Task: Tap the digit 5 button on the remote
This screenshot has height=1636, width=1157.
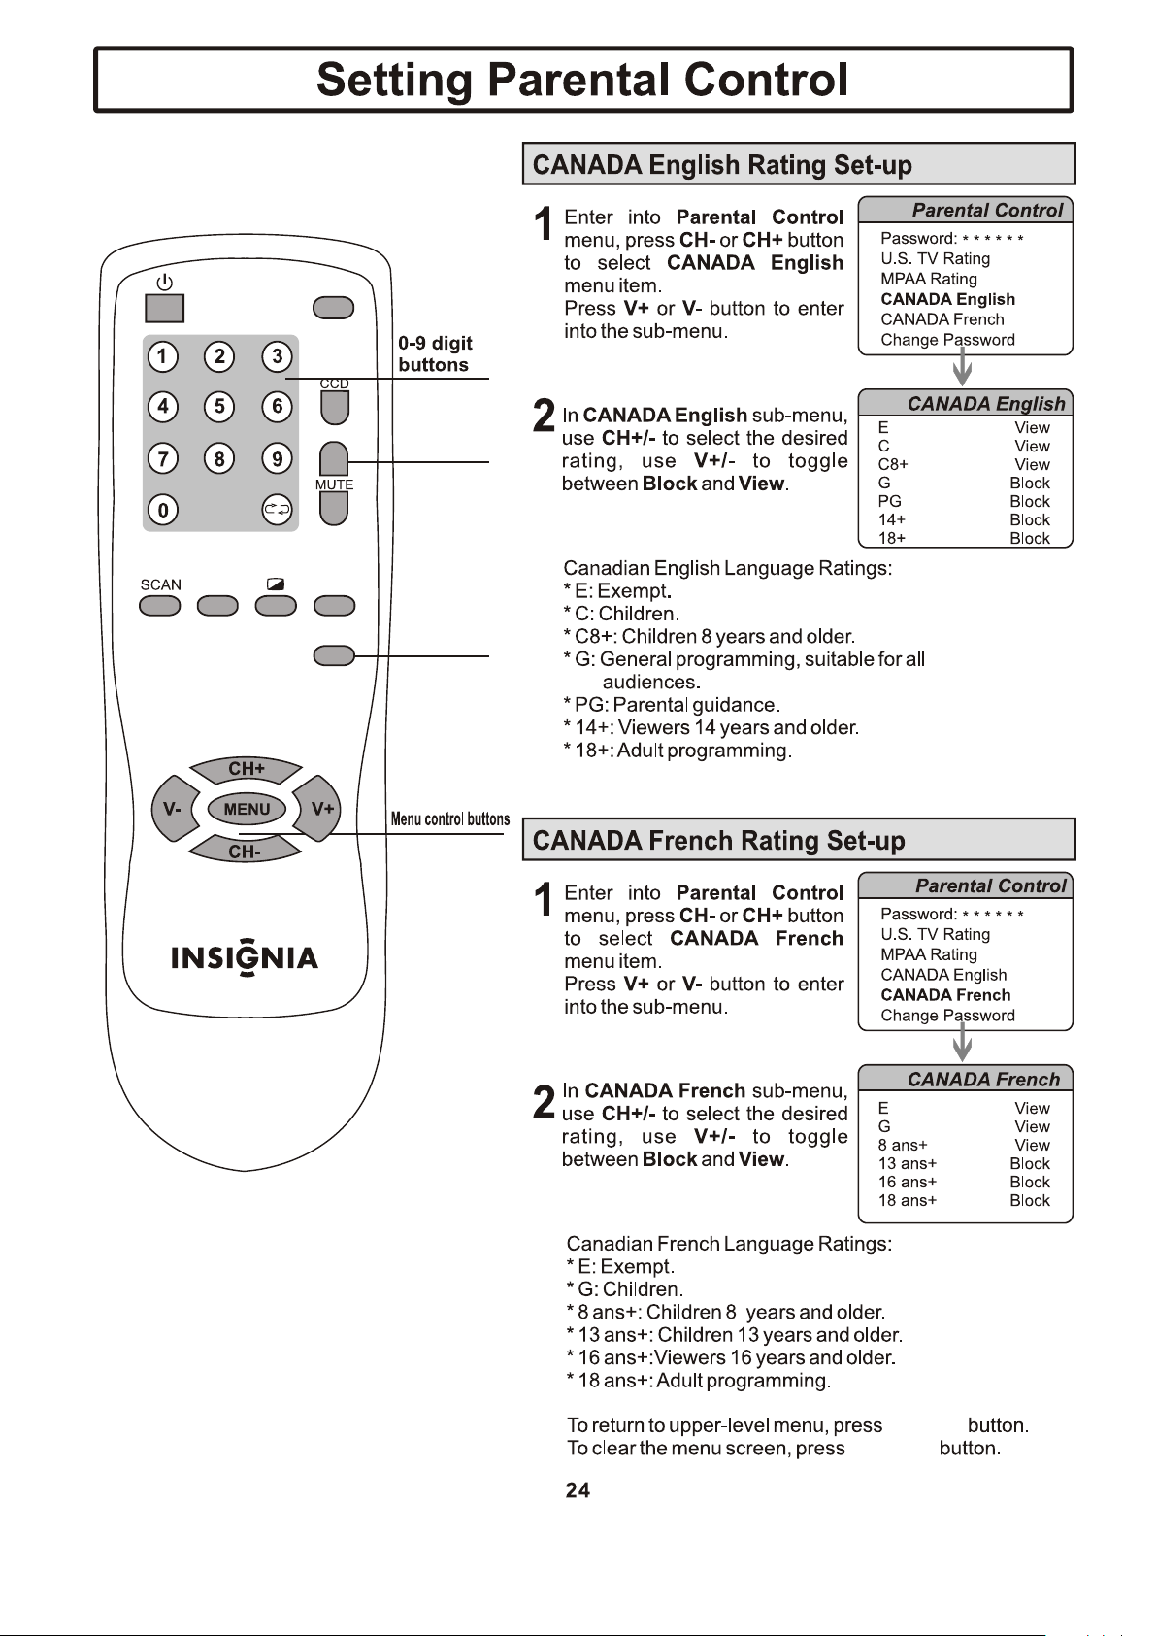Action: click(x=219, y=407)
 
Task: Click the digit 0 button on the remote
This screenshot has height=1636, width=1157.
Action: click(x=163, y=510)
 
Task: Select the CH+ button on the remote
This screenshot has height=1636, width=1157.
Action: click(x=246, y=769)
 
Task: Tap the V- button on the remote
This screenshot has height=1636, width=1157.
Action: click(x=174, y=809)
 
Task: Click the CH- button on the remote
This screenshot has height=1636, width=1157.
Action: click(x=245, y=851)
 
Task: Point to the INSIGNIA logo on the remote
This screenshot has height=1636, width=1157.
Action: click(x=245, y=956)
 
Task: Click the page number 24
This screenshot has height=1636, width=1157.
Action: click(x=578, y=1490)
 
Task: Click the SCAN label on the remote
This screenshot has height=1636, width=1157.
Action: click(x=160, y=585)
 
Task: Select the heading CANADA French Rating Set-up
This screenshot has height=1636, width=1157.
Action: click(x=718, y=840)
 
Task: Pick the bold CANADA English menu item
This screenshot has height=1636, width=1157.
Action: click(x=947, y=299)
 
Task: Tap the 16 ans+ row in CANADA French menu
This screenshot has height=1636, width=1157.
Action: click(x=964, y=1182)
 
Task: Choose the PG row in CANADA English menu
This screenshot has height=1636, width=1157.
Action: click(x=964, y=501)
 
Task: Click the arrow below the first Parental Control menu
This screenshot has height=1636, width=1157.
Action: click(x=963, y=367)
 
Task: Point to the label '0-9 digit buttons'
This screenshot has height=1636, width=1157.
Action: click(x=435, y=353)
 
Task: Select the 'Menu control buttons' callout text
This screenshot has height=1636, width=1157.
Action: click(x=450, y=818)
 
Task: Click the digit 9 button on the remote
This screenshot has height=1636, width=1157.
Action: click(x=278, y=458)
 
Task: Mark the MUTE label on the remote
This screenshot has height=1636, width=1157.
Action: click(x=334, y=484)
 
